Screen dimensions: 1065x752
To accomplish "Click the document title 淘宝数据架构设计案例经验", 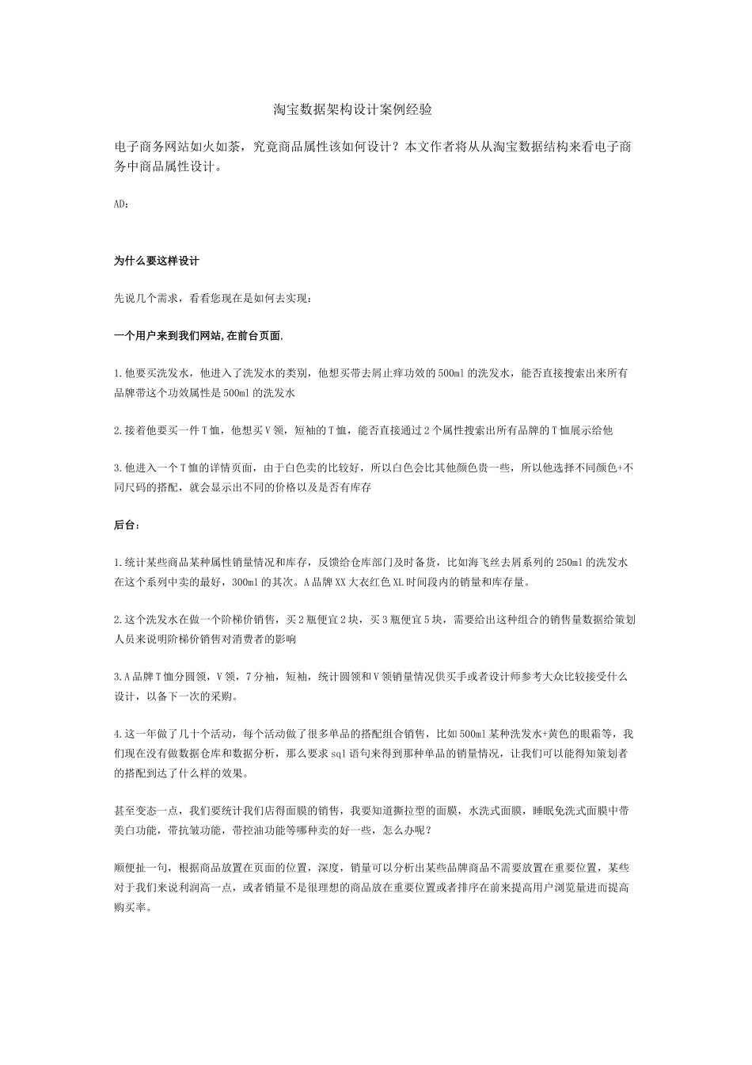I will coord(352,109).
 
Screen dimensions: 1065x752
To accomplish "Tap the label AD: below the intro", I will coord(122,204).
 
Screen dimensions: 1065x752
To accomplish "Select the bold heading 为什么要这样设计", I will coord(157,261).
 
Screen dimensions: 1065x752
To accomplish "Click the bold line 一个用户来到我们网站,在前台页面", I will coord(198,336).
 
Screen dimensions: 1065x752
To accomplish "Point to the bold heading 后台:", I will coord(127,525).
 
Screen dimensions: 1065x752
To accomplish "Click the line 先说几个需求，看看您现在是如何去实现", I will coord(213,299).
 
